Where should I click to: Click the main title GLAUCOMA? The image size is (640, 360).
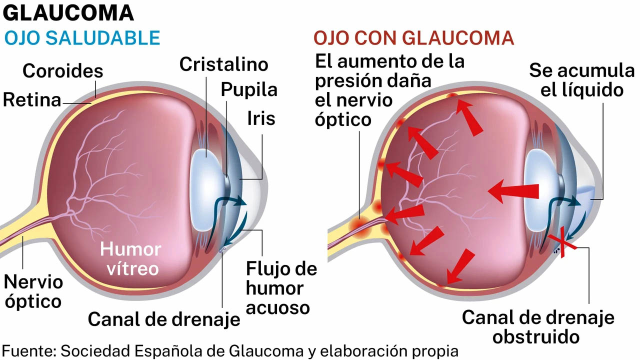click(68, 13)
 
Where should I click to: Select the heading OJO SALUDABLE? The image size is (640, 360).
click(82, 38)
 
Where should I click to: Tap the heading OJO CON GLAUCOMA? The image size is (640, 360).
click(414, 38)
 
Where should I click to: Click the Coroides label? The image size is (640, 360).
click(63, 71)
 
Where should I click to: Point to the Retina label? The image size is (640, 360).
click(32, 100)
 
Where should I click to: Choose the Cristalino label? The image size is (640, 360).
click(223, 64)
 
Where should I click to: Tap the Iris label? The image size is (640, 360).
click(261, 118)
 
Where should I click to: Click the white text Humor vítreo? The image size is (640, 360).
click(130, 259)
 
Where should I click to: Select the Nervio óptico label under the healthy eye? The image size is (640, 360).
click(33, 292)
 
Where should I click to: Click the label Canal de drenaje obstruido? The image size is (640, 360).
click(538, 327)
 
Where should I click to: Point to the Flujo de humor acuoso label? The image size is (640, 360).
click(281, 288)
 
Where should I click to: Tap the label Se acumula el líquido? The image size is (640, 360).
click(581, 80)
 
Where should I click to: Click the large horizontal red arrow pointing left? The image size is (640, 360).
click(513, 191)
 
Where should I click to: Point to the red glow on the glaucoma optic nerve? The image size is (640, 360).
click(360, 227)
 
